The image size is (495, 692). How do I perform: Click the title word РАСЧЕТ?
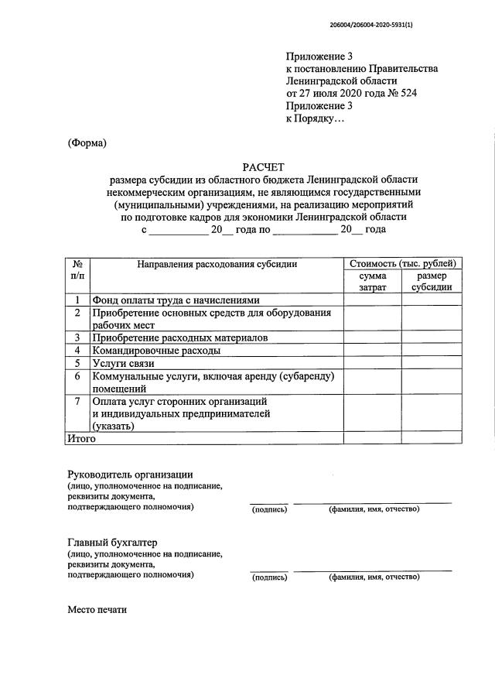[263, 167]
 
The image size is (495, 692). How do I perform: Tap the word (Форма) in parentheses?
[87, 142]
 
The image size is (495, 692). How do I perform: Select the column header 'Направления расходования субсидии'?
[217, 265]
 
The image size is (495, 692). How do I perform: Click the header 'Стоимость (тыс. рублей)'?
[402, 265]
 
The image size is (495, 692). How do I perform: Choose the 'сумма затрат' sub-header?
[372, 282]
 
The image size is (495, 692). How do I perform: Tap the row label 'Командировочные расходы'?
[155, 350]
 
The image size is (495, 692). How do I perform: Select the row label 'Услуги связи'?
[124, 363]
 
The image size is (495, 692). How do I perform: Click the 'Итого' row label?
[80, 438]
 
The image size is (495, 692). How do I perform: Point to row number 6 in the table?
[77, 375]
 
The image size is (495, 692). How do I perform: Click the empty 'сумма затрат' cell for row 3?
[372, 337]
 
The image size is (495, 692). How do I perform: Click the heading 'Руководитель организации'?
[130, 474]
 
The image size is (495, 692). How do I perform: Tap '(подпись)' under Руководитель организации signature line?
[268, 509]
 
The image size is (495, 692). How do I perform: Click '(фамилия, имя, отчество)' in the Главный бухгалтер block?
[374, 577]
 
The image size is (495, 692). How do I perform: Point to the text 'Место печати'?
[97, 609]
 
